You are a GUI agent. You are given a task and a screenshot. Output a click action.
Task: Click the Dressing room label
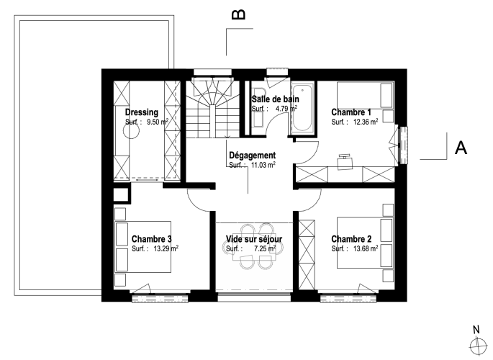142,112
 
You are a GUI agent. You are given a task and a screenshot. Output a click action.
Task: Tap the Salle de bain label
275,99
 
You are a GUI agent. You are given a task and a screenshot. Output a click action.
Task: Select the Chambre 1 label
351,112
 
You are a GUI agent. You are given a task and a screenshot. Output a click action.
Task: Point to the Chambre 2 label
351,239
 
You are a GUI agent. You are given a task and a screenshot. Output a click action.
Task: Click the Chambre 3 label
152,239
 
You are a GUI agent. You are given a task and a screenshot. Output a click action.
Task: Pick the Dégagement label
252,156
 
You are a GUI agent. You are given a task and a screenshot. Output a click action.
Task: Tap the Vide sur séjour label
254,239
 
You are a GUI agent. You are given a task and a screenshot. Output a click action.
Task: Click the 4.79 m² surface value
286,109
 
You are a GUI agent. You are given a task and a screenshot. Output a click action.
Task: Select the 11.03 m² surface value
263,165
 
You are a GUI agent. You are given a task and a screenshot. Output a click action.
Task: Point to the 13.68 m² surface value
366,248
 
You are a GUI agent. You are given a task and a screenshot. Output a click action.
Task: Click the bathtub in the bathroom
302,108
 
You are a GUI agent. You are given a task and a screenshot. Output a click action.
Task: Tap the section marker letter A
461,148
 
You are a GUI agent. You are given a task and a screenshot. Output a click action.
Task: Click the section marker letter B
238,14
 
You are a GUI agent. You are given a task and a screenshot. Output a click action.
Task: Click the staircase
212,109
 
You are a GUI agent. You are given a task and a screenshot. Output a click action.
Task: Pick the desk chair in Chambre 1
345,162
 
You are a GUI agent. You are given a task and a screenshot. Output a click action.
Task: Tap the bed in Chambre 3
143,247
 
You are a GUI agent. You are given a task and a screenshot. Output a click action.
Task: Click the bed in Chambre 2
365,243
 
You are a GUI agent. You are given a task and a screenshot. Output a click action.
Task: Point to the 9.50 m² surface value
158,122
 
